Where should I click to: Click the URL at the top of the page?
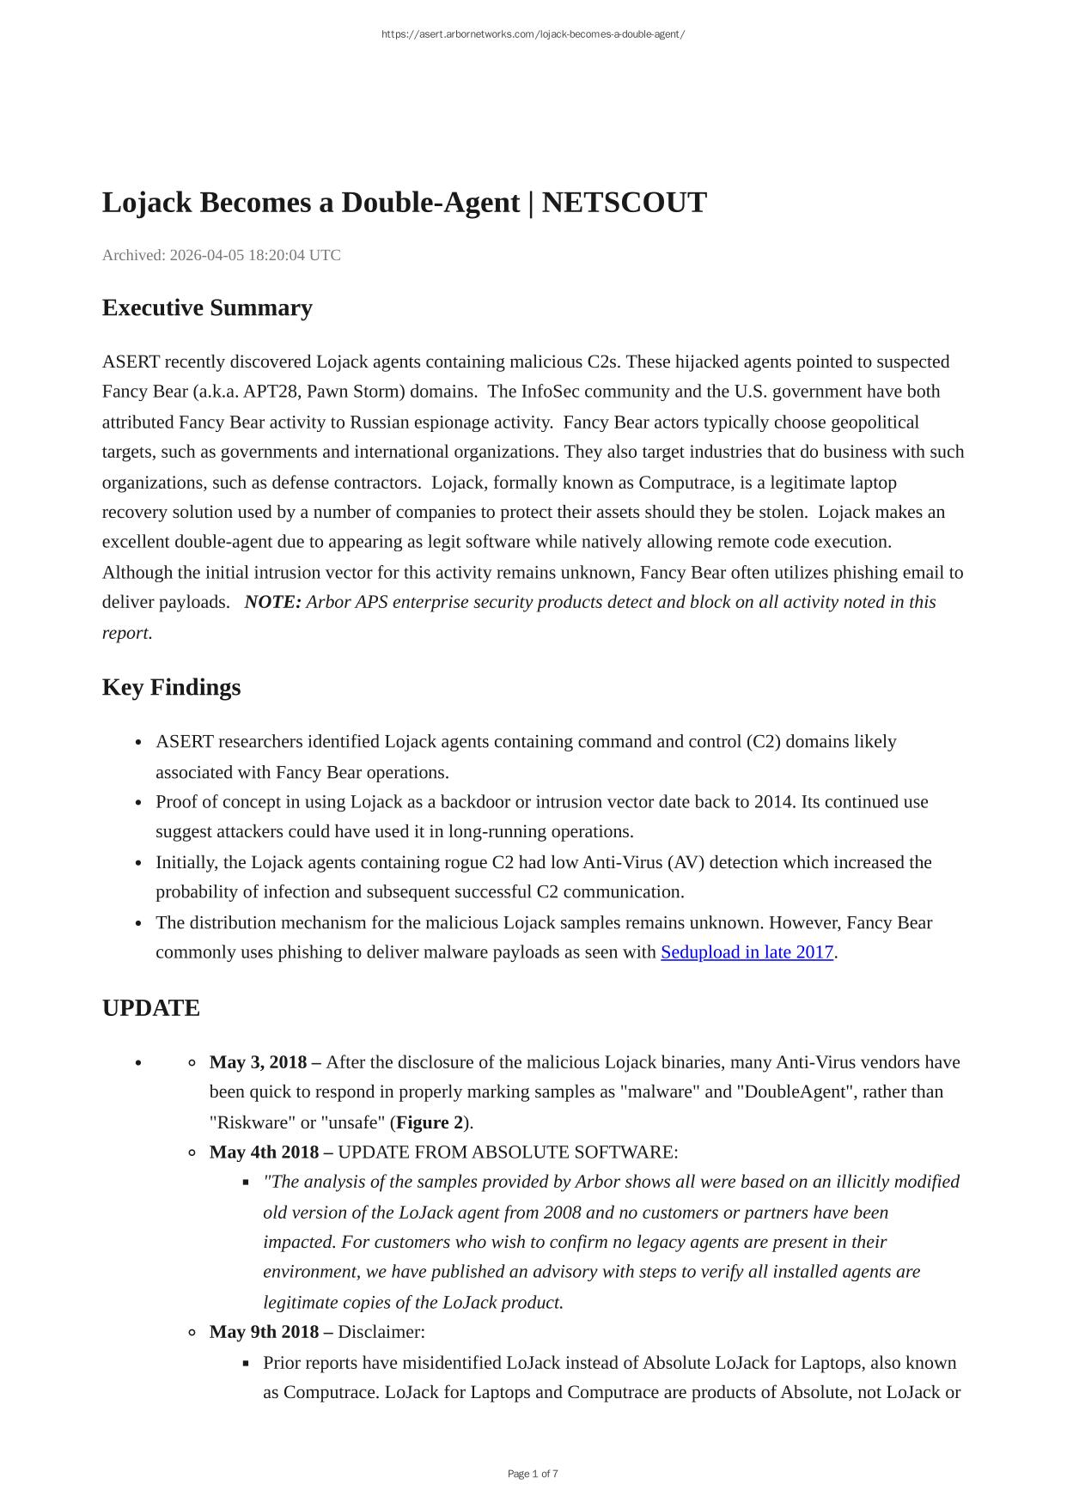tap(533, 34)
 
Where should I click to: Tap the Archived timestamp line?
tap(222, 255)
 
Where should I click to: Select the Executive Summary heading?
tap(207, 307)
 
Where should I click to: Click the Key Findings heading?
tap(171, 687)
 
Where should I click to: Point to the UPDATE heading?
tap(150, 1008)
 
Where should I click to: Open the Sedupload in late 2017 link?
tap(747, 952)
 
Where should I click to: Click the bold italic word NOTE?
tap(272, 602)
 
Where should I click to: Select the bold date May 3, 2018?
tap(258, 1062)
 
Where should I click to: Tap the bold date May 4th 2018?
tap(264, 1152)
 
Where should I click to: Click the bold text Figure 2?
tap(430, 1122)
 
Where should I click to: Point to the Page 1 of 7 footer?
tap(533, 1474)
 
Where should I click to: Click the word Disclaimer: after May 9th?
tap(381, 1332)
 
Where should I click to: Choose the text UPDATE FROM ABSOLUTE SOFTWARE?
tap(508, 1152)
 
